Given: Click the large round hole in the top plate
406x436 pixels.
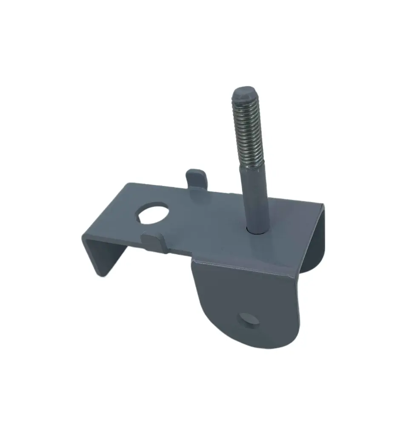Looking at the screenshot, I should (x=152, y=212).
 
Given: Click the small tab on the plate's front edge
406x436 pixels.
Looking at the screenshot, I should (x=152, y=242).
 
